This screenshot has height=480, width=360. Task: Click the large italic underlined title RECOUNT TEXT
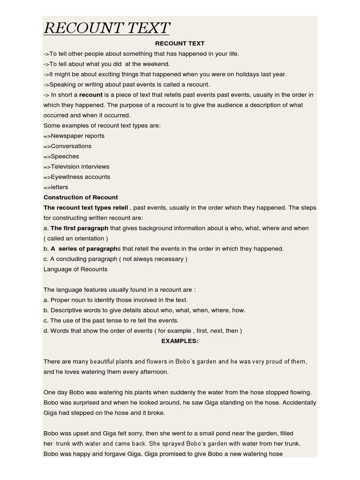pos(106,28)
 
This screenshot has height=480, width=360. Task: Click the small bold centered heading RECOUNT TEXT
pos(180,43)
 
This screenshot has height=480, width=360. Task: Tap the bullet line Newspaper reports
pos(74,136)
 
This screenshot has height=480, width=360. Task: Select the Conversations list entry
pos(67,146)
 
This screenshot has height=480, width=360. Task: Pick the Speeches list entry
pos(61,157)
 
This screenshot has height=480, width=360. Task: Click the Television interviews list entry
pos(76,167)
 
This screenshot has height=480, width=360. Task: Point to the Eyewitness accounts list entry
pos(77,177)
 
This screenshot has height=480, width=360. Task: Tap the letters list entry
pos(56,187)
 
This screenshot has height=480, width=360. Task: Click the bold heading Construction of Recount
pos(81,197)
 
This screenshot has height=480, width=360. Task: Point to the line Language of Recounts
pos(75,270)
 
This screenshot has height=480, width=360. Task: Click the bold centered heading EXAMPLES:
pos(180,341)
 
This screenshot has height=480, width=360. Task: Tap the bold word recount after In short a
pos(91,95)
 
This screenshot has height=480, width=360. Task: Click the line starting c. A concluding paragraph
pos(115,259)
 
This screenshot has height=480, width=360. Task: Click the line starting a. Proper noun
pos(115,300)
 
